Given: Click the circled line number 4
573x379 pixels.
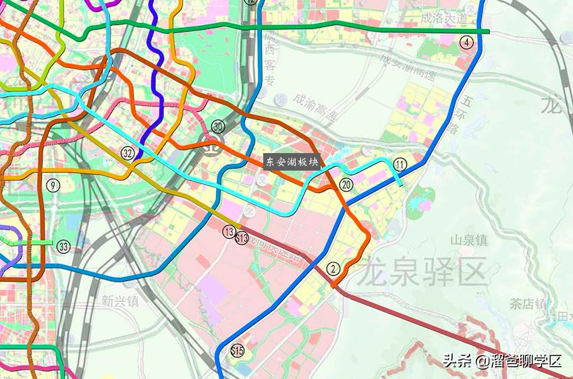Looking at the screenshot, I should tap(467, 42).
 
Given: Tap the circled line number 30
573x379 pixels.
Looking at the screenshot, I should tap(217, 126).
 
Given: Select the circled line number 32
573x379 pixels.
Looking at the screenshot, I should tap(128, 153).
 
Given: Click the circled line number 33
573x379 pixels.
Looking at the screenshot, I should tap(63, 245).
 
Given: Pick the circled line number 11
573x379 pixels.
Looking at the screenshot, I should tap(401, 165).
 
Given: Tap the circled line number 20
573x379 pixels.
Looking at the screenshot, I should tap(347, 184).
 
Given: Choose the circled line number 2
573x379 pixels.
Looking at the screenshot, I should tap(332, 268).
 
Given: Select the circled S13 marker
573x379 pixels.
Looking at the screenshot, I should tap(242, 237).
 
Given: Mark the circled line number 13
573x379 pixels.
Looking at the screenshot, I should tap(229, 231).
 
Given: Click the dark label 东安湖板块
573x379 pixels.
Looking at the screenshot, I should tap(292, 162).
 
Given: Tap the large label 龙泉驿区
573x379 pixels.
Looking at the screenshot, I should tap(422, 273).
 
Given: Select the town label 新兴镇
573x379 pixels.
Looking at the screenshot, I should tap(120, 301).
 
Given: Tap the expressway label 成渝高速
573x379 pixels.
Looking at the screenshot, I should tap(315, 107).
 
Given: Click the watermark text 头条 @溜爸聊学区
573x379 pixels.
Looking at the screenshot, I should tap(501, 359).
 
